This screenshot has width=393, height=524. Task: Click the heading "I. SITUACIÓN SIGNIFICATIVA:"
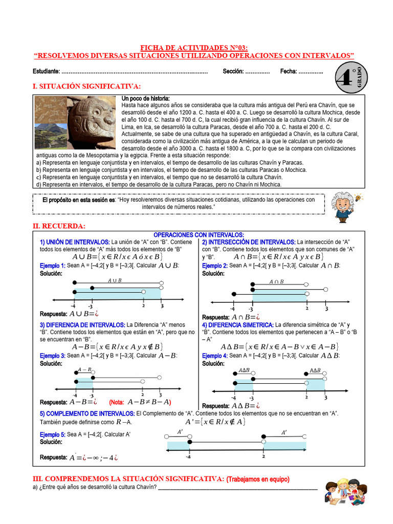click(x=86, y=86)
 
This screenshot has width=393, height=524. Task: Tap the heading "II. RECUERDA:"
click(x=59, y=226)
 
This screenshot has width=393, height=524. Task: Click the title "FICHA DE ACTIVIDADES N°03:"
click(x=194, y=47)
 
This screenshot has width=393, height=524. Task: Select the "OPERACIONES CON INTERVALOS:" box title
click(x=199, y=234)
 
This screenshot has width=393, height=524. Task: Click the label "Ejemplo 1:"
click(x=52, y=266)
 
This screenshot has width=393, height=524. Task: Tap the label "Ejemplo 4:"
click(x=214, y=355)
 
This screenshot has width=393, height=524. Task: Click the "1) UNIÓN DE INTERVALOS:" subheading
click(x=75, y=242)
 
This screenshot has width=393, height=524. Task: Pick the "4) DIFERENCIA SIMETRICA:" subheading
click(x=237, y=325)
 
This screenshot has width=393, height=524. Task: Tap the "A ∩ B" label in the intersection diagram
click(x=276, y=282)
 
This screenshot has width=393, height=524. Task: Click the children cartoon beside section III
click(x=346, y=493)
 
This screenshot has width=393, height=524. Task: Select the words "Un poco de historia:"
click(x=145, y=98)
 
